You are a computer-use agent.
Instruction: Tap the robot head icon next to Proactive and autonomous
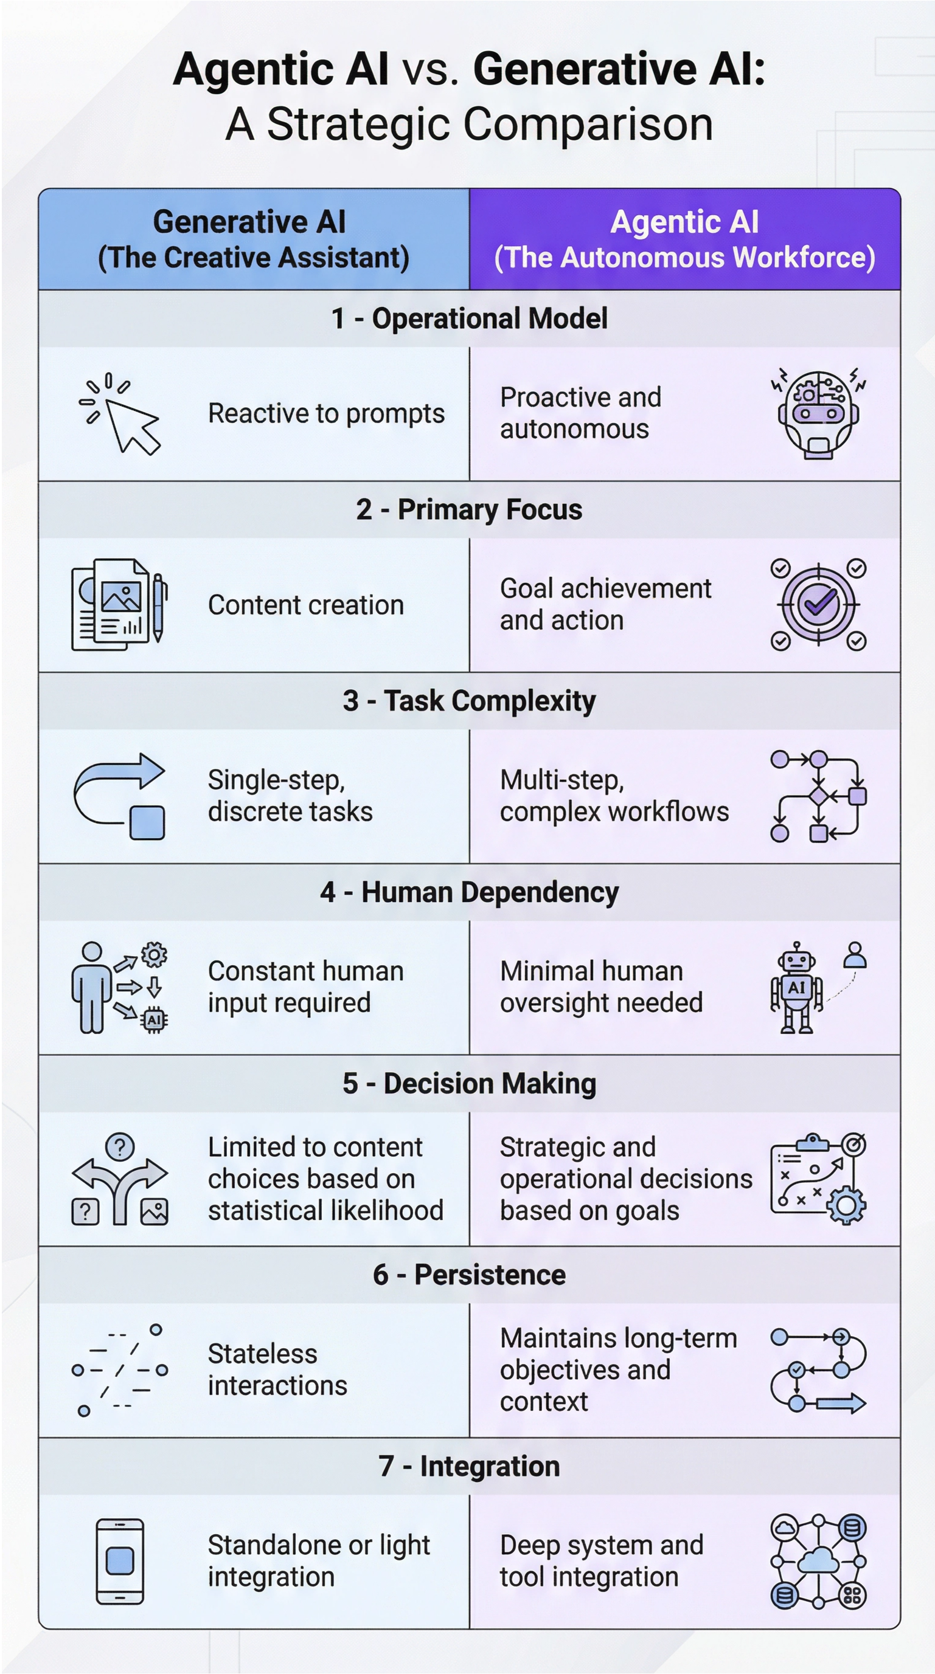[x=818, y=414]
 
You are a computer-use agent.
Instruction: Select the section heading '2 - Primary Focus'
[x=469, y=509]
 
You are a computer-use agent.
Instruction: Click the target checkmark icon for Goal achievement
[x=818, y=605]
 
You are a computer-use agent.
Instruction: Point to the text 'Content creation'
[x=305, y=605]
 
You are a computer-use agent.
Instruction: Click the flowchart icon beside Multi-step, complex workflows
[x=818, y=796]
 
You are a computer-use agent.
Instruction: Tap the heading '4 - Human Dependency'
[x=469, y=892]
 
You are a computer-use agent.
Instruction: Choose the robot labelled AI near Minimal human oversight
[x=796, y=988]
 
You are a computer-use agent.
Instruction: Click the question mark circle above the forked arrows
[x=120, y=1147]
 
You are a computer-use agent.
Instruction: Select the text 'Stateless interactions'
[x=277, y=1369]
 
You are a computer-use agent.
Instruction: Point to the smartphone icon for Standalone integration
[x=120, y=1561]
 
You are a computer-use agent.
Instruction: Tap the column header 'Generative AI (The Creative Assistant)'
[x=254, y=239]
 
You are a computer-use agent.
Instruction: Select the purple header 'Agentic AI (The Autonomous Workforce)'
[x=684, y=239]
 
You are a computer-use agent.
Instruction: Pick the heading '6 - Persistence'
[x=469, y=1275]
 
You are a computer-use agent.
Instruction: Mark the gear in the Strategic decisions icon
[x=846, y=1206]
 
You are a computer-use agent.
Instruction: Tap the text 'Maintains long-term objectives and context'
[x=617, y=1369]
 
